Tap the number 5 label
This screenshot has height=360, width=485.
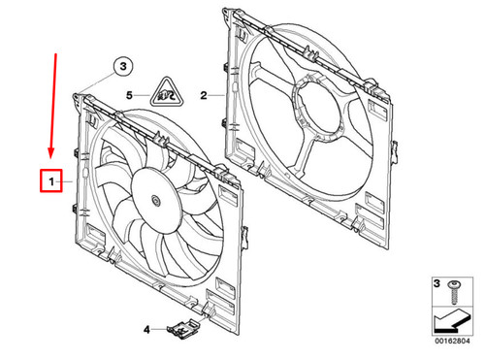click(129, 96)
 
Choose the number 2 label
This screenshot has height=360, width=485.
click(205, 96)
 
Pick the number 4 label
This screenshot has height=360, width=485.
click(146, 330)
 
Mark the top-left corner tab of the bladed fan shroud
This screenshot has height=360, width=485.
click(77, 96)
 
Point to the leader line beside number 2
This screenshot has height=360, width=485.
click(217, 96)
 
